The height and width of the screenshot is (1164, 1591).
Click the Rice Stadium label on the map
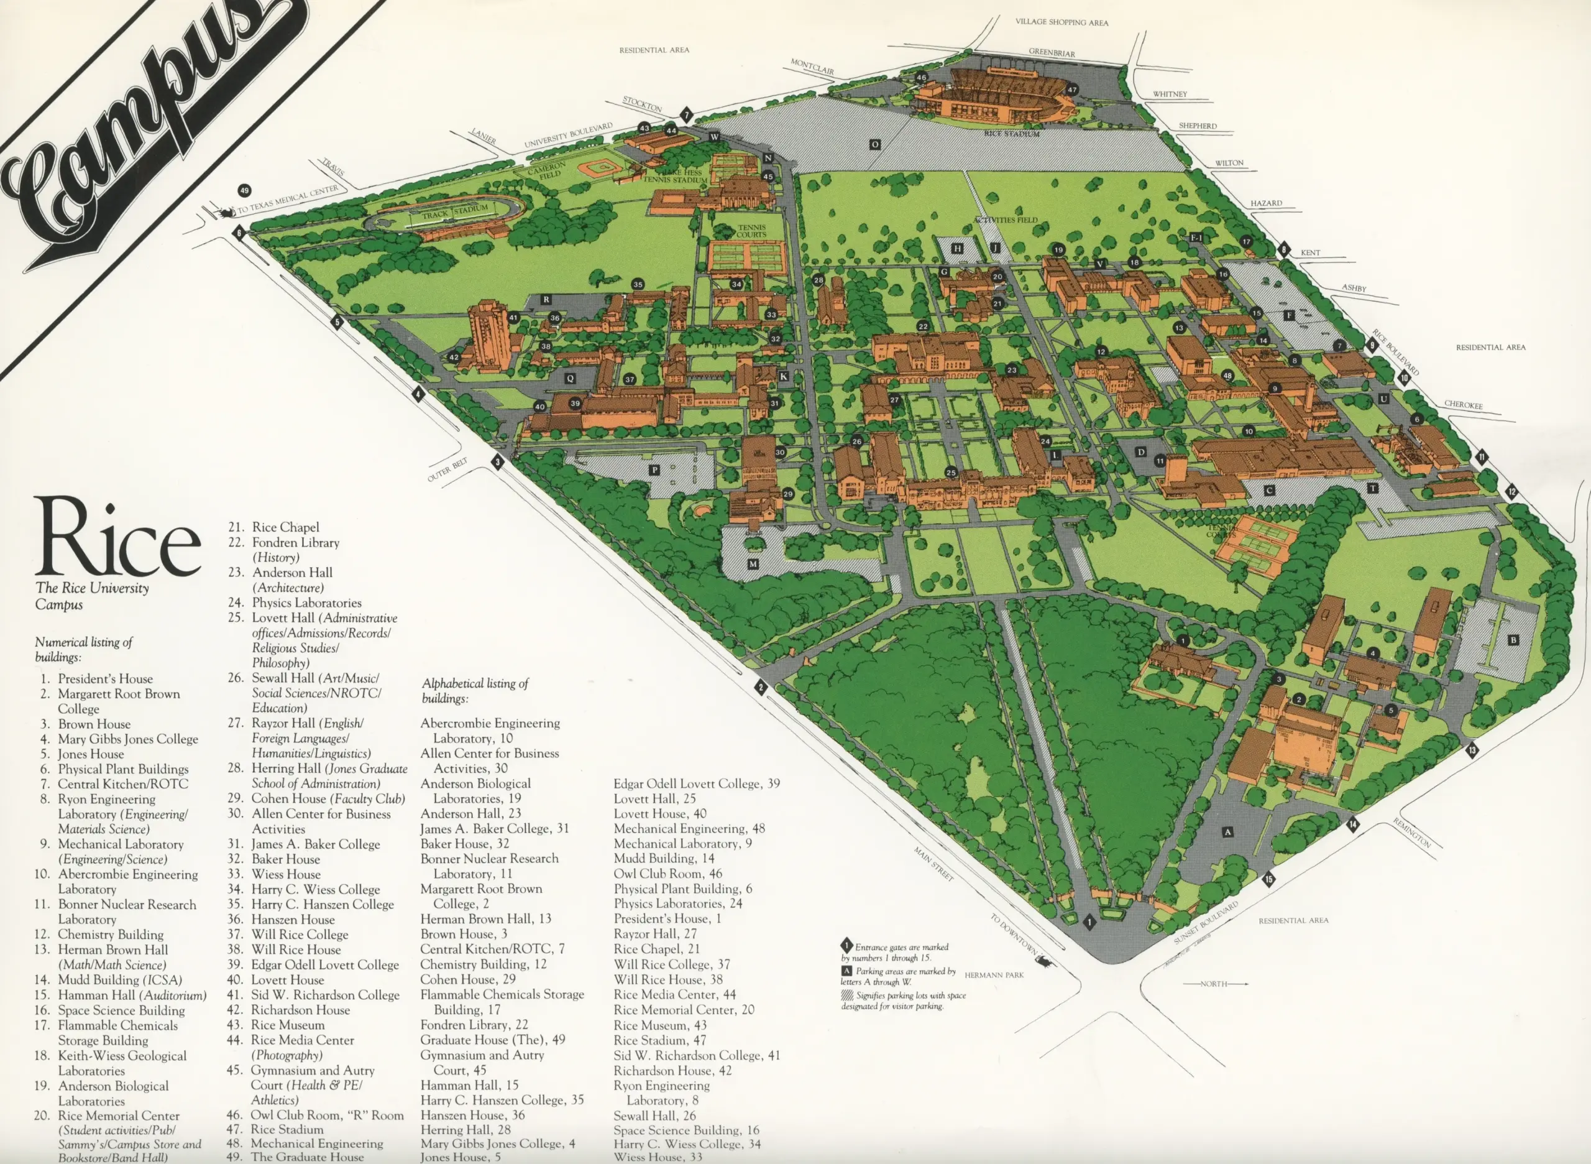coord(1011,134)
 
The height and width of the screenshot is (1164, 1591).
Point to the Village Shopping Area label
coord(1061,22)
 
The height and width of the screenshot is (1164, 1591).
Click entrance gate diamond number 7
coord(687,115)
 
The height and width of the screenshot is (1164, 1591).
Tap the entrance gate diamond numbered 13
coord(1472,751)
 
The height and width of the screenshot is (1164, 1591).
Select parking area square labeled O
coord(874,144)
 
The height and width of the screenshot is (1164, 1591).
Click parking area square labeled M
coord(753,565)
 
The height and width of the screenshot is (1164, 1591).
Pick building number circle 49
coord(244,190)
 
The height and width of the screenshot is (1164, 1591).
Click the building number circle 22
coord(923,327)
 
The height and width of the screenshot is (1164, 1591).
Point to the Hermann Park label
coord(994,975)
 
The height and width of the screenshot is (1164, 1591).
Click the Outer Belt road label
coord(447,470)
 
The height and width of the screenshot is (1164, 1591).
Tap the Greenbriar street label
coord(1052,53)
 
